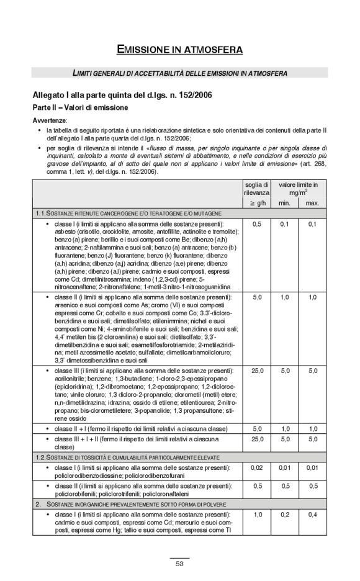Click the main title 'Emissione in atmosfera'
[179, 48]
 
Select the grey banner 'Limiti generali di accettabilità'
[179, 73]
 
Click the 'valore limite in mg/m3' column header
[298, 189]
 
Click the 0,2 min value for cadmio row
[285, 515]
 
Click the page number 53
[179, 564]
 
